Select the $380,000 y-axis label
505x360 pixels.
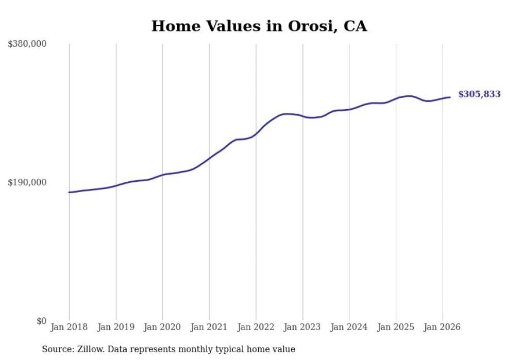tap(27, 44)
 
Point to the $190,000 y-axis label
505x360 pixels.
tap(27, 182)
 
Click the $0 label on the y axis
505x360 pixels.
tap(41, 321)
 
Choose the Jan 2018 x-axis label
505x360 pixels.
tap(69, 327)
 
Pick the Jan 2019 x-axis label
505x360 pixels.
tap(116, 327)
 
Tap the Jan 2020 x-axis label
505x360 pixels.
tap(162, 327)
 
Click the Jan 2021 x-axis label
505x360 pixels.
tap(209, 327)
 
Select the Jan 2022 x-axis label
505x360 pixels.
tap(256, 327)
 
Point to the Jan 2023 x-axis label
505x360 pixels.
tap(302, 327)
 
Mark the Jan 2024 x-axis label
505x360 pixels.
tap(349, 327)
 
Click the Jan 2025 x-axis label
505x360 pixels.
tap(396, 327)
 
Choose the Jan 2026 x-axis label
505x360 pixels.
tap(442, 327)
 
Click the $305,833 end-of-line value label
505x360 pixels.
tap(479, 94)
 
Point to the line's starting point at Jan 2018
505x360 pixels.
tap(69, 192)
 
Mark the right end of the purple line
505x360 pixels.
tap(450, 97)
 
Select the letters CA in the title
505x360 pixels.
tap(356, 26)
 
